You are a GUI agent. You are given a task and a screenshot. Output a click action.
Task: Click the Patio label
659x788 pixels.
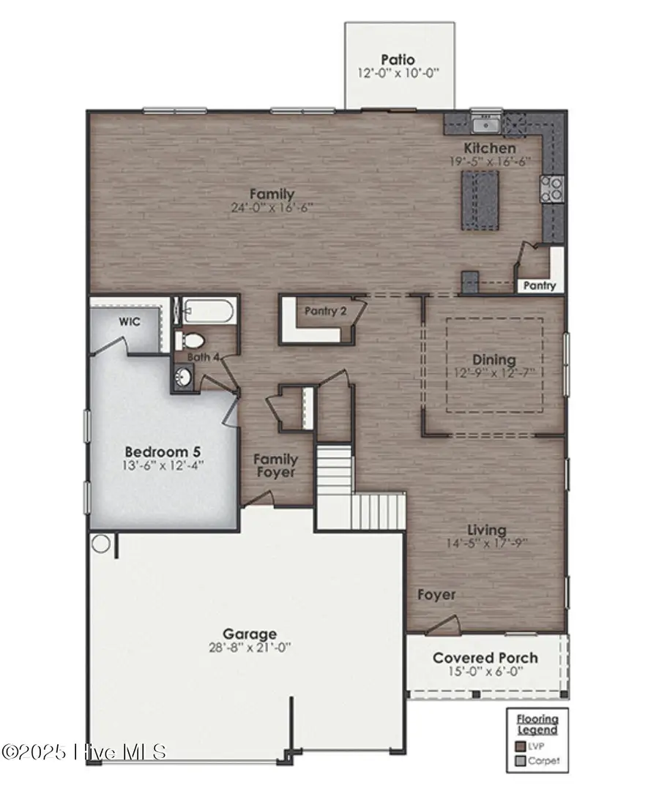(x=398, y=59)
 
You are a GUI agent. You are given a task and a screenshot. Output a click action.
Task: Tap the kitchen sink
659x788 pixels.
(x=485, y=124)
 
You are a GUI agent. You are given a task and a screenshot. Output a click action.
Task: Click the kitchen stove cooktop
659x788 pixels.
(x=551, y=189)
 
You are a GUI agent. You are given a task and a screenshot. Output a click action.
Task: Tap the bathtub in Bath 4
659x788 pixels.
(x=207, y=312)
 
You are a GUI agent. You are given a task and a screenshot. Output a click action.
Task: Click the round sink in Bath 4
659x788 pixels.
(x=184, y=377)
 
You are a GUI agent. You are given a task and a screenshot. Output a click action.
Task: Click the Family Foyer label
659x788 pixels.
(x=275, y=466)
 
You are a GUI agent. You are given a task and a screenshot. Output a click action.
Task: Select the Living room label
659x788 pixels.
(x=487, y=530)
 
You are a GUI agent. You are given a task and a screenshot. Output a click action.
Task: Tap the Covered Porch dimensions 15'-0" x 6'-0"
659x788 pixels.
(x=485, y=672)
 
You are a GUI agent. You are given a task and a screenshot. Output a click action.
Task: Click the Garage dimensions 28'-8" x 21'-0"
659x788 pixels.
(x=250, y=648)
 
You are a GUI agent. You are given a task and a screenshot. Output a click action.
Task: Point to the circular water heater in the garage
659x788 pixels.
(x=101, y=544)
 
